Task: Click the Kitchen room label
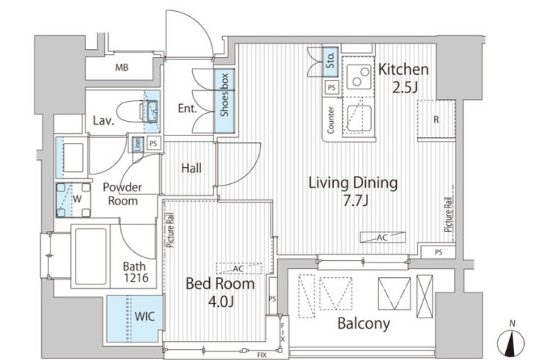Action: pos(403,69)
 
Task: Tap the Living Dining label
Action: pos(353,183)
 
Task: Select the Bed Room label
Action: pos(220,284)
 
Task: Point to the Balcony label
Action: pos(364,323)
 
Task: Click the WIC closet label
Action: pos(144,316)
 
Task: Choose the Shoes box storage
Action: pos(224,100)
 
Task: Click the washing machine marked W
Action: pos(73,199)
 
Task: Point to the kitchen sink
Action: pos(359,118)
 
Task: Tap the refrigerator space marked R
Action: pos(436,120)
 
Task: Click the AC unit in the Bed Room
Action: pos(239,268)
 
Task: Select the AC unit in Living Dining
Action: pos(383,238)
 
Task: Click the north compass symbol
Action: pos(511,342)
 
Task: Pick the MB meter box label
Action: pos(122,67)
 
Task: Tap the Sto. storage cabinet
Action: pos(331,62)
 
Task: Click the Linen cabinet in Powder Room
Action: pos(138,144)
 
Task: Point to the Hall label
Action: pos(191,168)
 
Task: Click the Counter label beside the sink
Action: pos(331,120)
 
